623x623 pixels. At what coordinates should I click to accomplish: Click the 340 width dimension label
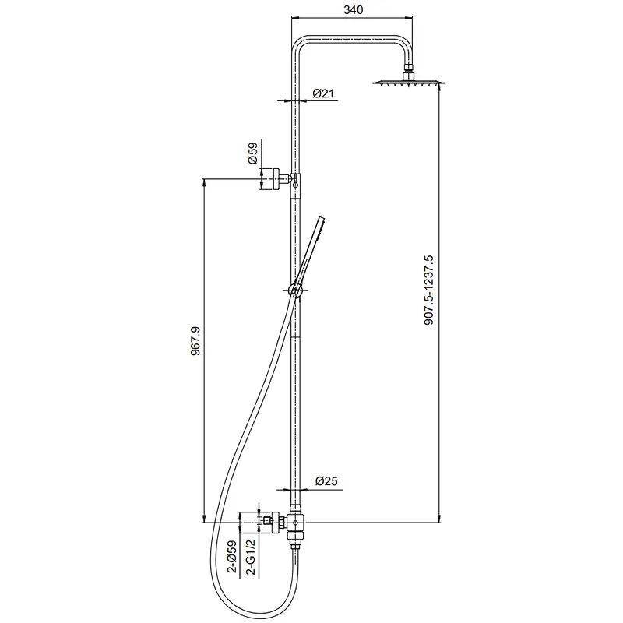tap(354, 9)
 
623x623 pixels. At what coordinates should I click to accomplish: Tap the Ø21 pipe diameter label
tap(323, 93)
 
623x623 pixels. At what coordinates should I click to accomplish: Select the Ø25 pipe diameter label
tap(326, 481)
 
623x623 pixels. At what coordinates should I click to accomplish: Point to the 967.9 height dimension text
tap(195, 341)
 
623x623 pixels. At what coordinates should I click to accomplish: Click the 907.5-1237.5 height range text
tap(429, 290)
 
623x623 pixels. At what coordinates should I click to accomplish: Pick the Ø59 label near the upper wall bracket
tap(252, 153)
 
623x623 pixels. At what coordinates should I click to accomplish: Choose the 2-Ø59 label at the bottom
tap(232, 556)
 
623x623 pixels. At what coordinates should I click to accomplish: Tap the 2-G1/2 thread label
tap(251, 557)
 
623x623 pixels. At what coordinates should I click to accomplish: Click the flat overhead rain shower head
tap(408, 83)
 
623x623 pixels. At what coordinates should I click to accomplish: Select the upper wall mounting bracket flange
tap(276, 179)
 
